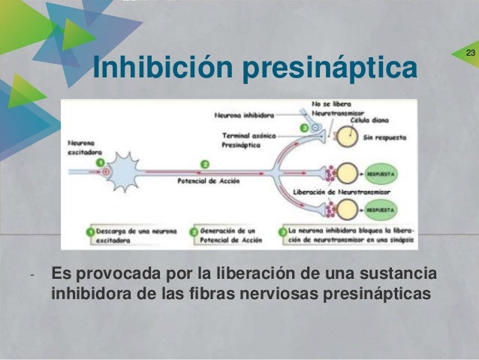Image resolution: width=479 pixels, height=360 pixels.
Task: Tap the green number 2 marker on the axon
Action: [205, 162]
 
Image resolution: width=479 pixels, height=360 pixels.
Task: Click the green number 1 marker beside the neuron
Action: [100, 161]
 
